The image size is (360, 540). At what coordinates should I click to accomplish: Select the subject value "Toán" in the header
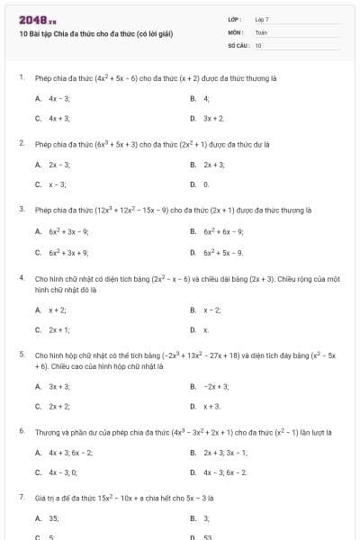[261, 31]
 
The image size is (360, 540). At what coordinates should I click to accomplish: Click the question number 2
[21, 143]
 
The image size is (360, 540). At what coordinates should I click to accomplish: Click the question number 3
[21, 210]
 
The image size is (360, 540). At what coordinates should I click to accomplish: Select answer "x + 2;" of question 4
[58, 310]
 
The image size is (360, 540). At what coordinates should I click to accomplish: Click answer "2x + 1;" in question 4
[59, 330]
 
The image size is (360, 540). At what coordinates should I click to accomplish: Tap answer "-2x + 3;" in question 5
[217, 386]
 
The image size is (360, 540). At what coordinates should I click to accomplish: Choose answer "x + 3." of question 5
[212, 407]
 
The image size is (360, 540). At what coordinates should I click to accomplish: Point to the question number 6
[21, 432]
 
